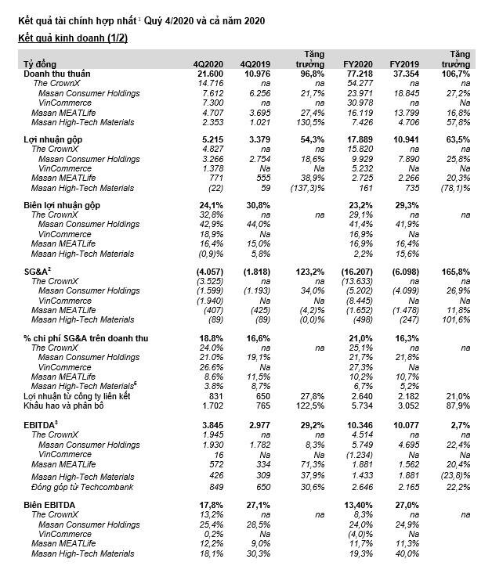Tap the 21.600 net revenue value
pos(209,73)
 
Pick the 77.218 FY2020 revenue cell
pos(357,73)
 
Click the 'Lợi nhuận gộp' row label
pos(50,139)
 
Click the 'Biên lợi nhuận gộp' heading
pos(62,204)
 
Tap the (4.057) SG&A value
pos(208,270)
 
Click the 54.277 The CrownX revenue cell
pos(359,82)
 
